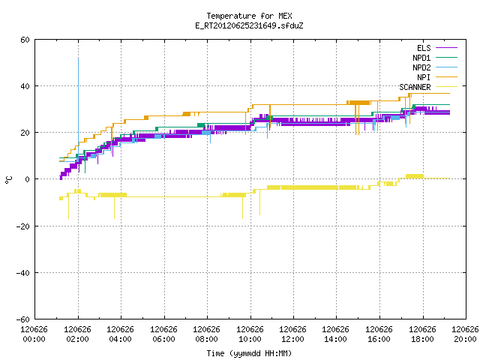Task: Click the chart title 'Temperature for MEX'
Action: click(x=249, y=16)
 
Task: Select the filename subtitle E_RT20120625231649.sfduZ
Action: click(x=249, y=25)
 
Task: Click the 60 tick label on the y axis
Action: click(x=25, y=40)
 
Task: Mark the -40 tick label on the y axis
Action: click(x=23, y=273)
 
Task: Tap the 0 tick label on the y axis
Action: click(x=28, y=179)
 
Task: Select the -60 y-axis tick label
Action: click(x=23, y=319)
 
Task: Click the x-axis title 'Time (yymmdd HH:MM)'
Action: click(x=249, y=353)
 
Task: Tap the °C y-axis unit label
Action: click(x=8, y=180)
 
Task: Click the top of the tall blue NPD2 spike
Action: click(x=78, y=58)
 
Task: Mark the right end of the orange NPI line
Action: click(x=450, y=93)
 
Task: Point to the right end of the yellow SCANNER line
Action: click(x=450, y=178)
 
